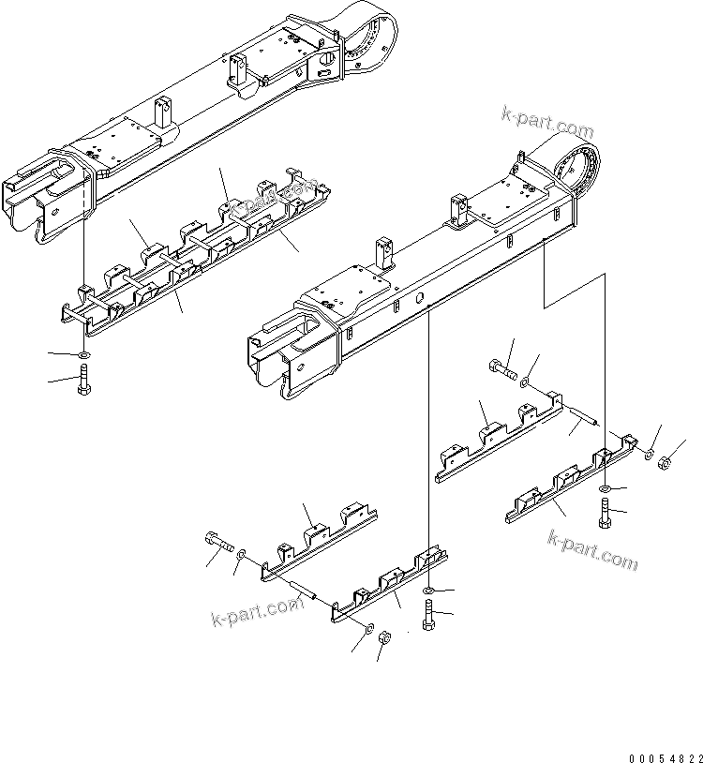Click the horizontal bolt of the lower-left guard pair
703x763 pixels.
tap(217, 544)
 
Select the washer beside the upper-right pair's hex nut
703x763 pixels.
tap(648, 455)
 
